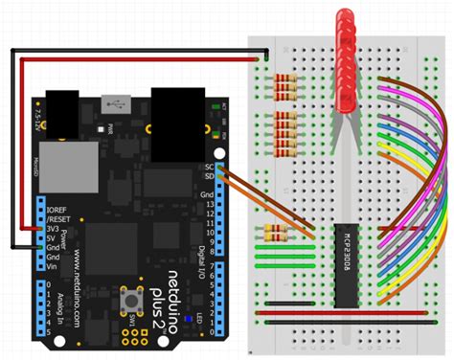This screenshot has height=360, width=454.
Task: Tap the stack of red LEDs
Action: pyautogui.click(x=348, y=57)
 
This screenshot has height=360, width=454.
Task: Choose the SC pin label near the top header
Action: pyautogui.click(x=208, y=167)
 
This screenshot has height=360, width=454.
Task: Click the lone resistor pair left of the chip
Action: pyautogui.click(x=275, y=232)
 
